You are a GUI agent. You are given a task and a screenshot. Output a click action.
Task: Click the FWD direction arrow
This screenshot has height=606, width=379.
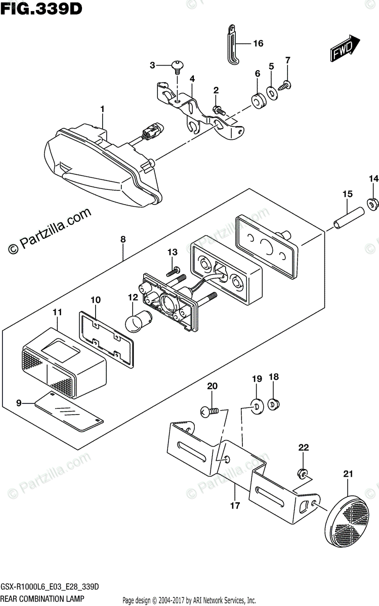click(x=345, y=48)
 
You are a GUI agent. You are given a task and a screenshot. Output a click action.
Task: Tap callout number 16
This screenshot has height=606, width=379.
click(x=258, y=43)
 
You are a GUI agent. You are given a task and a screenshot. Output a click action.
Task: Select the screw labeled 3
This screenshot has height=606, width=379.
click(x=178, y=65)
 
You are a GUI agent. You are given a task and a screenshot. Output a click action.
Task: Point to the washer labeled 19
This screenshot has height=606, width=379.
click(x=256, y=405)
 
